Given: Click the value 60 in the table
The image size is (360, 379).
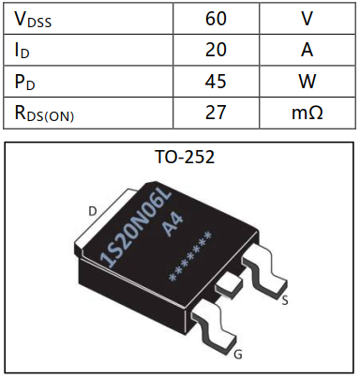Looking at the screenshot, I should [216, 19].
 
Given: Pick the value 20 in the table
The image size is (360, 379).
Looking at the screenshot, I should [216, 50].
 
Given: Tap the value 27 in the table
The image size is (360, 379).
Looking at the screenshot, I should [216, 113].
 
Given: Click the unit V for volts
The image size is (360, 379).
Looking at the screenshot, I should [307, 19].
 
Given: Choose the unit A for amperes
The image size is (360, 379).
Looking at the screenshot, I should [307, 50].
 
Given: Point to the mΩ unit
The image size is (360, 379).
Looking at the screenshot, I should [307, 113].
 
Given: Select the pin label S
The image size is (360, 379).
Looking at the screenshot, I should [284, 301].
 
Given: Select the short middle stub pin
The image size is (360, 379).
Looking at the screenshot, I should [228, 281].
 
